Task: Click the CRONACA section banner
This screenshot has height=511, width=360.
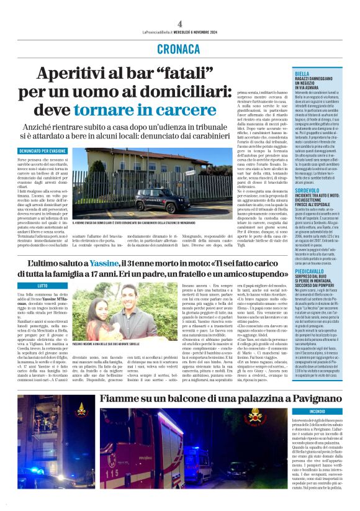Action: tap(179, 48)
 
